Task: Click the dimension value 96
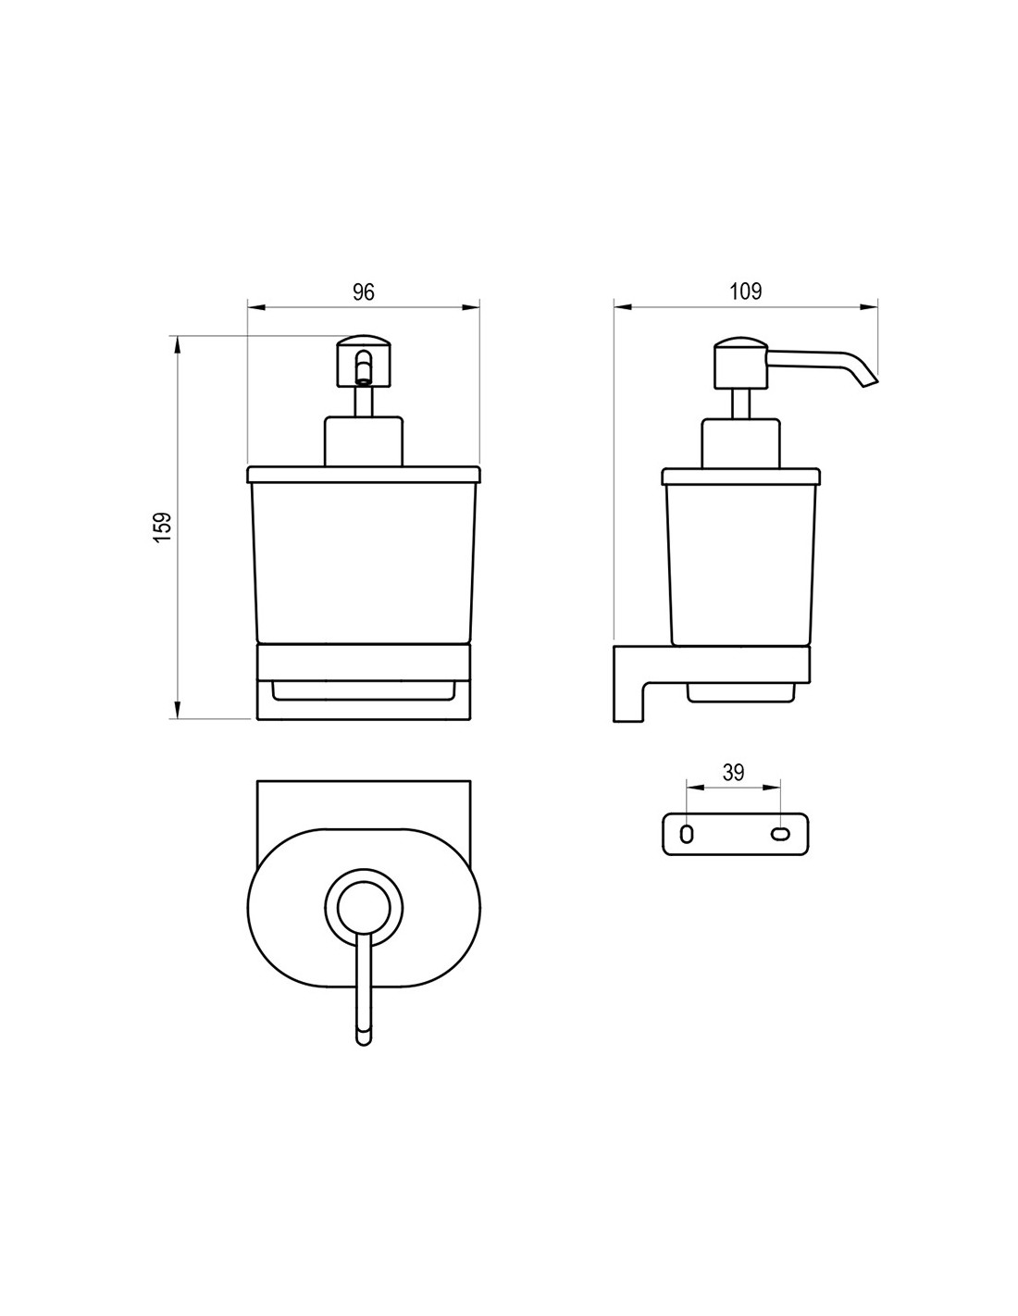click(364, 292)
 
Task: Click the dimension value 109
click(744, 292)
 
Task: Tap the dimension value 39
click(733, 773)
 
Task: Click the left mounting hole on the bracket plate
click(686, 834)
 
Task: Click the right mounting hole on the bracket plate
click(779, 834)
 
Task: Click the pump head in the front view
click(364, 361)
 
